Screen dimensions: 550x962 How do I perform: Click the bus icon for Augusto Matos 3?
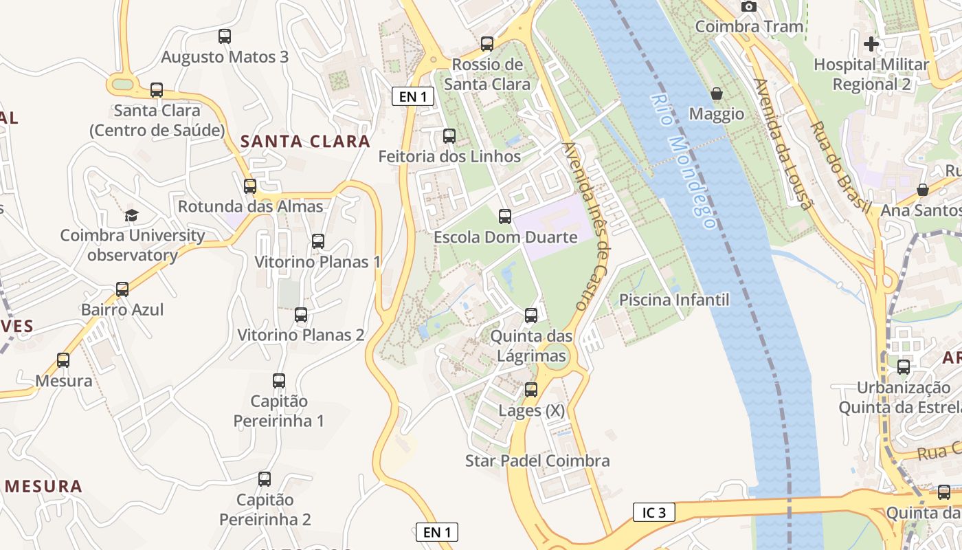[225, 36]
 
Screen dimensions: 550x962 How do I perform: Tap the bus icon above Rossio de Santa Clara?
[487, 44]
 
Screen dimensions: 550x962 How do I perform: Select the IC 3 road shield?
[653, 512]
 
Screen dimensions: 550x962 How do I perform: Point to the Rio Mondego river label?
[682, 162]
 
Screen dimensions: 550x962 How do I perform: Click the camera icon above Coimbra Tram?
[749, 7]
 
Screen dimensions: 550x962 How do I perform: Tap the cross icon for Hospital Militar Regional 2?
[871, 45]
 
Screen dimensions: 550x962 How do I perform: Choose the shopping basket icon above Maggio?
[717, 93]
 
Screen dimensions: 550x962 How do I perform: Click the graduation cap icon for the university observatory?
[132, 215]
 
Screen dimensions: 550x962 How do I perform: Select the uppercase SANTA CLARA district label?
[305, 142]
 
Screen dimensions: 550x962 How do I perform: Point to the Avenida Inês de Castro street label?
[586, 226]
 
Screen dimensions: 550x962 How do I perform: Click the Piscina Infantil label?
[674, 300]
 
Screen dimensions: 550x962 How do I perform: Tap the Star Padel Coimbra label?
[537, 461]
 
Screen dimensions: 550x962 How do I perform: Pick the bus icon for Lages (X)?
[531, 390]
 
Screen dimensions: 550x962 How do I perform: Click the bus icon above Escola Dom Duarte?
[505, 217]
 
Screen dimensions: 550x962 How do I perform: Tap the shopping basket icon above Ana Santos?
[922, 190]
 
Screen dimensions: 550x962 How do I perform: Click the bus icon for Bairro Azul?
[122, 289]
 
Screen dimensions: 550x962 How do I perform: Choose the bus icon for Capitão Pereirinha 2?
[265, 479]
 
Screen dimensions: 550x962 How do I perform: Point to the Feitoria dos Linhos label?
[449, 157]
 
